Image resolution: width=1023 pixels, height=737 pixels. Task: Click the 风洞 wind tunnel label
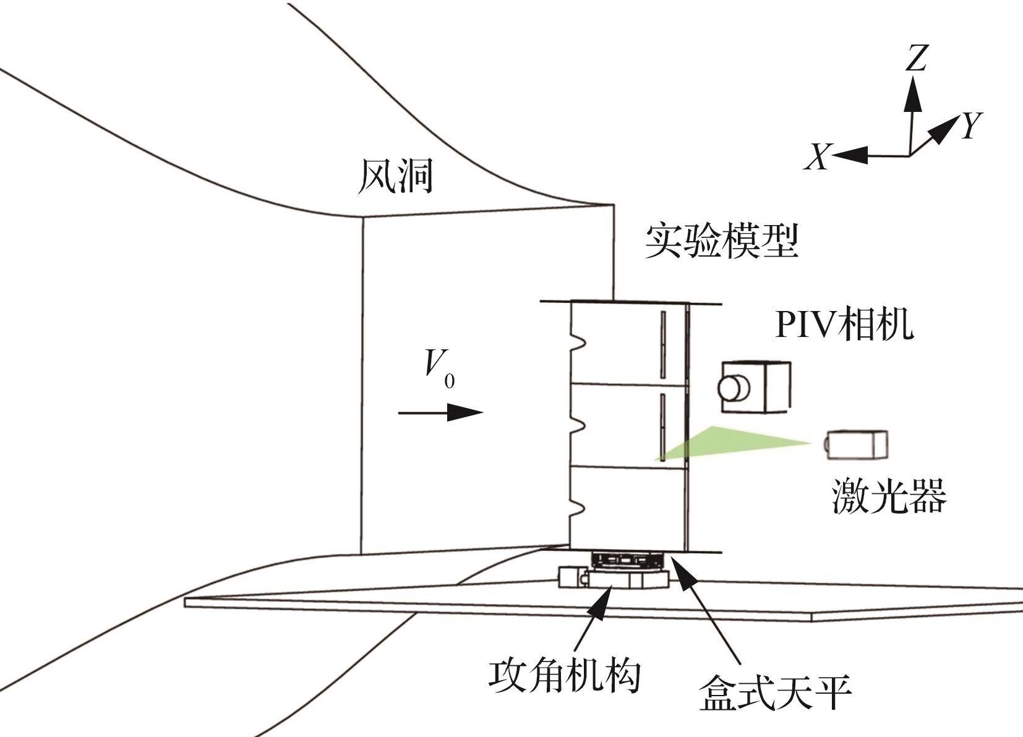[x=395, y=176]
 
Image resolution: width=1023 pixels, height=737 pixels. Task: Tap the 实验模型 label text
[x=722, y=241]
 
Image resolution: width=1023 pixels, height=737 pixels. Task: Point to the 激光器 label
[x=889, y=496]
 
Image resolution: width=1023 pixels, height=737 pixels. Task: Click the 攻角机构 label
[x=565, y=676]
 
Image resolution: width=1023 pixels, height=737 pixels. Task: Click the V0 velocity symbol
[x=439, y=369]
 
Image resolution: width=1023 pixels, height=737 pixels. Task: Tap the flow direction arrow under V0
[x=441, y=412]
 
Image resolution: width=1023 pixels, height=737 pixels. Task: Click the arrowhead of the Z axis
[x=913, y=93]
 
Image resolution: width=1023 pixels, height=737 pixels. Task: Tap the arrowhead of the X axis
[x=850, y=155]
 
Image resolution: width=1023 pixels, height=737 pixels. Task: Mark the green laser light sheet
[x=730, y=443]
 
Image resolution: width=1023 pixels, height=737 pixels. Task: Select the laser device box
[x=856, y=445]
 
